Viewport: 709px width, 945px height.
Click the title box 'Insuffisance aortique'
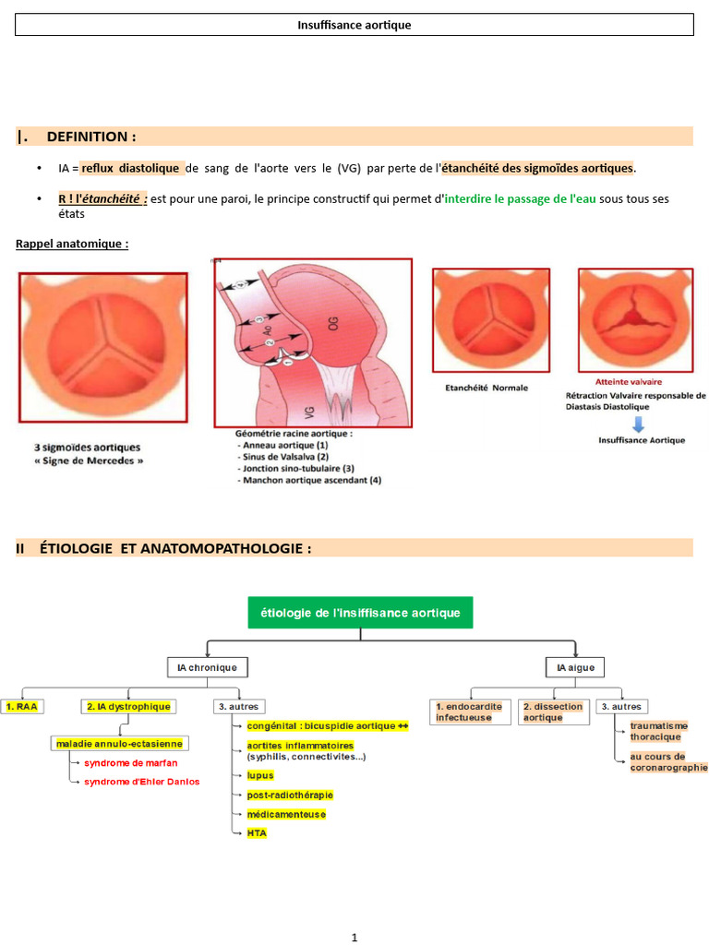pyautogui.click(x=354, y=25)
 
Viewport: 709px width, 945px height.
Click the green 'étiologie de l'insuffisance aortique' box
pyautogui.click(x=360, y=613)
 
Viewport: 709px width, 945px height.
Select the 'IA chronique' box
pyautogui.click(x=207, y=667)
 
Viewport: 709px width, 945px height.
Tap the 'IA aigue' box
pyautogui.click(x=575, y=667)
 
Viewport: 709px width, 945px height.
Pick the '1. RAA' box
pyautogui.click(x=22, y=706)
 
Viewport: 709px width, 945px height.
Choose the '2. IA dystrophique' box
pyautogui.click(x=128, y=706)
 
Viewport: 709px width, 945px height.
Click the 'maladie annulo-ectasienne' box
pyautogui.click(x=119, y=743)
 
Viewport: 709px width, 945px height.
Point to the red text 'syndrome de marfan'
pyautogui.click(x=131, y=763)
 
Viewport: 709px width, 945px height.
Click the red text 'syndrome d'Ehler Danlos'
pyautogui.click(x=141, y=782)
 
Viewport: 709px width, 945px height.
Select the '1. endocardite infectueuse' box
pyautogui.click(x=469, y=712)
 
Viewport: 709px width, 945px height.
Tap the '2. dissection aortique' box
pyautogui.click(x=553, y=712)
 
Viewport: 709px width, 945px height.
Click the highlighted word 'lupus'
pyautogui.click(x=260, y=776)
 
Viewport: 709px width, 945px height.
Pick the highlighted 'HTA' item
pyautogui.click(x=257, y=832)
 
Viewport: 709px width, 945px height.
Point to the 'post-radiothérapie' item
pyautogui.click(x=290, y=795)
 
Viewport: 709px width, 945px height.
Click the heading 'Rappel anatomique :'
pyautogui.click(x=71, y=244)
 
